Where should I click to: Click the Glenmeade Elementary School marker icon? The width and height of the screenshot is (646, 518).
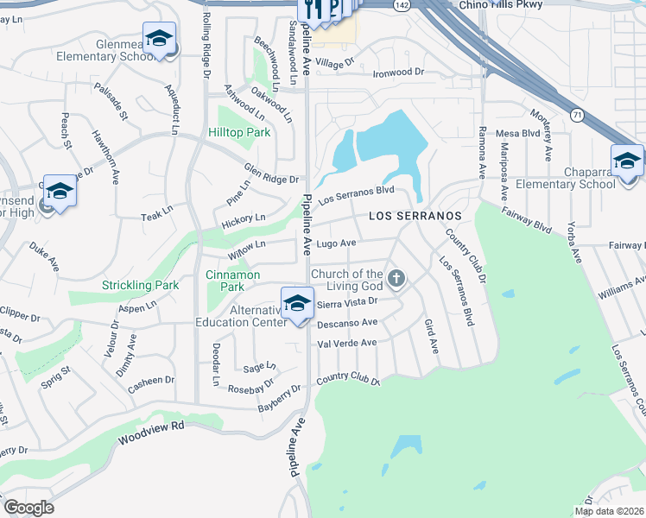coord(159,38)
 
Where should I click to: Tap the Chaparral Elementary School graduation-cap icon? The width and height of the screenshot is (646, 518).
coord(627,161)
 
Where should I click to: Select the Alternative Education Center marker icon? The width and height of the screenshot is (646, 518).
coord(297,304)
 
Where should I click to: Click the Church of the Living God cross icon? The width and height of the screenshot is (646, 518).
coord(396,279)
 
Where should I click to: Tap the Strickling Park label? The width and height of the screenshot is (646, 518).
coord(140,285)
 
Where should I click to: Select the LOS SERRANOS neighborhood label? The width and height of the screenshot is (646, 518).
coord(414,215)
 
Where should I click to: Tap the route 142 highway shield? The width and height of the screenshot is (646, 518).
coord(402,5)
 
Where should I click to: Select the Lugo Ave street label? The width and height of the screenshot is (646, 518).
coord(337,244)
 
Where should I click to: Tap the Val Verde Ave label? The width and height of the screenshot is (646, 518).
coord(347,343)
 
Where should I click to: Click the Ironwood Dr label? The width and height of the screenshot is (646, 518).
coord(399,73)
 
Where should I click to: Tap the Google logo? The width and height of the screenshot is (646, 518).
coord(28,507)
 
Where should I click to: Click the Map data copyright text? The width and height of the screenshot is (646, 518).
coord(609,511)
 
